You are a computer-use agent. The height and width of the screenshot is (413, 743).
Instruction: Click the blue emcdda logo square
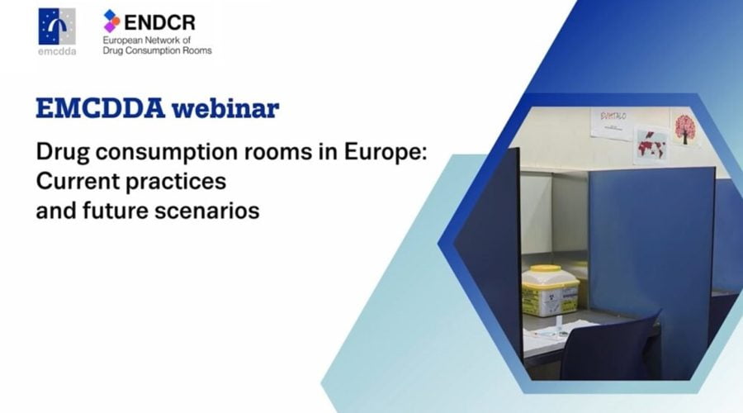click(56, 26)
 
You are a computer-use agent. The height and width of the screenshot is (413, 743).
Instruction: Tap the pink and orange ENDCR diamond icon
click(111, 21)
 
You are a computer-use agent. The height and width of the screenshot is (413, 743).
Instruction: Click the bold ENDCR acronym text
click(160, 22)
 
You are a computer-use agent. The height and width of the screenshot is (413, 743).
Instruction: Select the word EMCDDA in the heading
click(101, 108)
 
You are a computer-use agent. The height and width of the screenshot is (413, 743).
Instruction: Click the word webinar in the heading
click(225, 108)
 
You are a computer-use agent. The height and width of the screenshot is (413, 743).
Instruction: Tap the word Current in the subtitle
click(78, 181)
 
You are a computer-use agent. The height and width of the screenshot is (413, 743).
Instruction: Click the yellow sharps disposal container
click(550, 291)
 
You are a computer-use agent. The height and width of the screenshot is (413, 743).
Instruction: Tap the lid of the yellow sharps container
click(550, 274)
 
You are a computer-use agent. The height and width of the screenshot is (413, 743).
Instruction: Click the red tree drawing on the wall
click(684, 128)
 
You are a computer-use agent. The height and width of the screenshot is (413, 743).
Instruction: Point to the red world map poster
click(652, 145)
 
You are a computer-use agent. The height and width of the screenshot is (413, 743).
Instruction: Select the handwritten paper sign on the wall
click(613, 123)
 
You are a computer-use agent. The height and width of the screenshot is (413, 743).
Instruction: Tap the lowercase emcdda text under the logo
click(57, 51)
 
